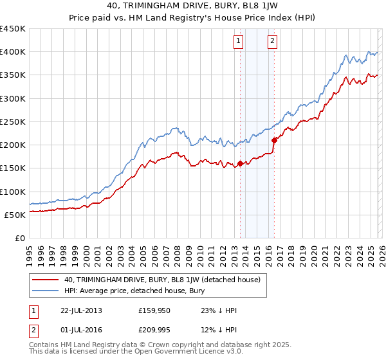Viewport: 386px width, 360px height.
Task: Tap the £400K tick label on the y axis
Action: (x=13, y=52)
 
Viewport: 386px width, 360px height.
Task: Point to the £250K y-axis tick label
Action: (x=13, y=122)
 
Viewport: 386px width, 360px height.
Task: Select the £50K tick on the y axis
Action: (x=15, y=215)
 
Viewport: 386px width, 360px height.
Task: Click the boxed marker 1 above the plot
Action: (x=238, y=41)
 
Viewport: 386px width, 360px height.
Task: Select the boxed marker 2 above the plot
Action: (x=272, y=41)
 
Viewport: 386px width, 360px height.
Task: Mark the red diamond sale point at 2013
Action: (x=240, y=163)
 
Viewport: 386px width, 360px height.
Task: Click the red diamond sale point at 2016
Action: (x=274, y=139)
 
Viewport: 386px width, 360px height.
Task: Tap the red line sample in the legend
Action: (x=46, y=280)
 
